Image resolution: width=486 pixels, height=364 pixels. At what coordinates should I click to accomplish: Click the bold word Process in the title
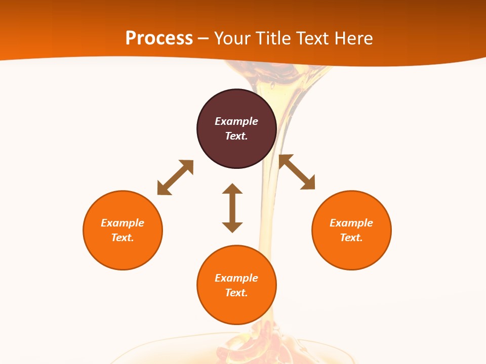pyautogui.click(x=159, y=38)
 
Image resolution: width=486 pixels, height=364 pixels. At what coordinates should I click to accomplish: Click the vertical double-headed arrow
pyautogui.click(x=232, y=208)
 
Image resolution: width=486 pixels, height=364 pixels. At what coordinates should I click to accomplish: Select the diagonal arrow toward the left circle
pyautogui.click(x=175, y=177)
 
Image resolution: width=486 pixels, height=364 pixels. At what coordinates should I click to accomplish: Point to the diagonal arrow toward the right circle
pyautogui.click(x=297, y=172)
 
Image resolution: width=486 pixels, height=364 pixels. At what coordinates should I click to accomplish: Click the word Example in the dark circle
pyautogui.click(x=236, y=121)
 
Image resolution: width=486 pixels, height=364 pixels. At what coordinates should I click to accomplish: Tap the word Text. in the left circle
pyautogui.click(x=123, y=238)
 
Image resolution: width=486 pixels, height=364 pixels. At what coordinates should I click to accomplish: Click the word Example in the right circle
pyautogui.click(x=351, y=223)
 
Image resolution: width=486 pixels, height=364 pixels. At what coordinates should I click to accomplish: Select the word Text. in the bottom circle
pyautogui.click(x=236, y=293)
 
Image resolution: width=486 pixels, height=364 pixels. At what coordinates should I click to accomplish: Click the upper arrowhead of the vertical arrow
pyautogui.click(x=232, y=189)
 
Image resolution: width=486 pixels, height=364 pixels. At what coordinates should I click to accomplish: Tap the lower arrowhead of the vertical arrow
pyautogui.click(x=232, y=227)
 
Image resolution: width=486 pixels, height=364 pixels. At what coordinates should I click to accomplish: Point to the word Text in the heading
pyautogui.click(x=313, y=38)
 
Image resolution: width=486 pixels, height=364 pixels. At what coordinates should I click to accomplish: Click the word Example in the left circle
pyautogui.click(x=123, y=223)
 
